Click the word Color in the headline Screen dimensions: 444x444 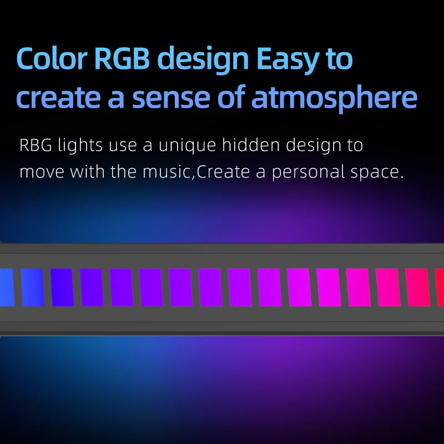pos(52,58)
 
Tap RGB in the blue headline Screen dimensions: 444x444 pos(122,58)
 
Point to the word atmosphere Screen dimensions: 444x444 pos(335,98)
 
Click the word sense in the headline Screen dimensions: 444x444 pos(171,98)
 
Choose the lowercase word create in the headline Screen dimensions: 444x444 pos(59,98)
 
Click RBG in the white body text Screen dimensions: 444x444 pos(36,145)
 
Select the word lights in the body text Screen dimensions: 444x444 pos(80,145)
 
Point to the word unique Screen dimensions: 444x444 pos(187,145)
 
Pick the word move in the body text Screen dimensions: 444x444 pos(42,171)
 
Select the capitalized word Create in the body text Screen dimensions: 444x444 pos(223,171)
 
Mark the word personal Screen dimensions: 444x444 pos(309,172)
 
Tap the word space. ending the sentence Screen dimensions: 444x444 pos(377,173)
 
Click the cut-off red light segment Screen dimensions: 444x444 pos(440,287)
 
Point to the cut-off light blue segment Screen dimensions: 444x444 pos(7,287)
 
